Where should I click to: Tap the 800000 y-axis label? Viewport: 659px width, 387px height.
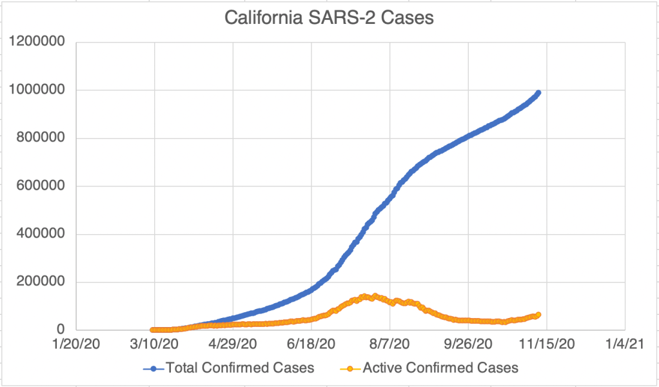[40, 138]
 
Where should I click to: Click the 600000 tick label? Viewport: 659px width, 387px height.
[40, 186]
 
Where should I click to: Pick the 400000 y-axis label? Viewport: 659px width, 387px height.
[40, 234]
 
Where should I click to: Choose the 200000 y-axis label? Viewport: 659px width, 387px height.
[40, 283]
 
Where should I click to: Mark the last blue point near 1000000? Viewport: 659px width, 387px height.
[538, 93]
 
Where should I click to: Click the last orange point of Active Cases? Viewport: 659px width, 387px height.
[538, 315]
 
